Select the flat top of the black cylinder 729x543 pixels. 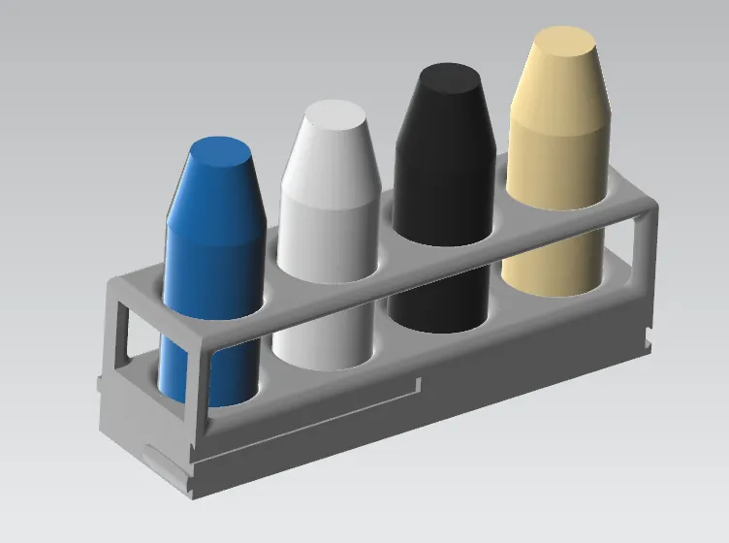(446, 78)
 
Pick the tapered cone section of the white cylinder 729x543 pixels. (328, 160)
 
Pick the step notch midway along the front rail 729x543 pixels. (418, 386)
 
